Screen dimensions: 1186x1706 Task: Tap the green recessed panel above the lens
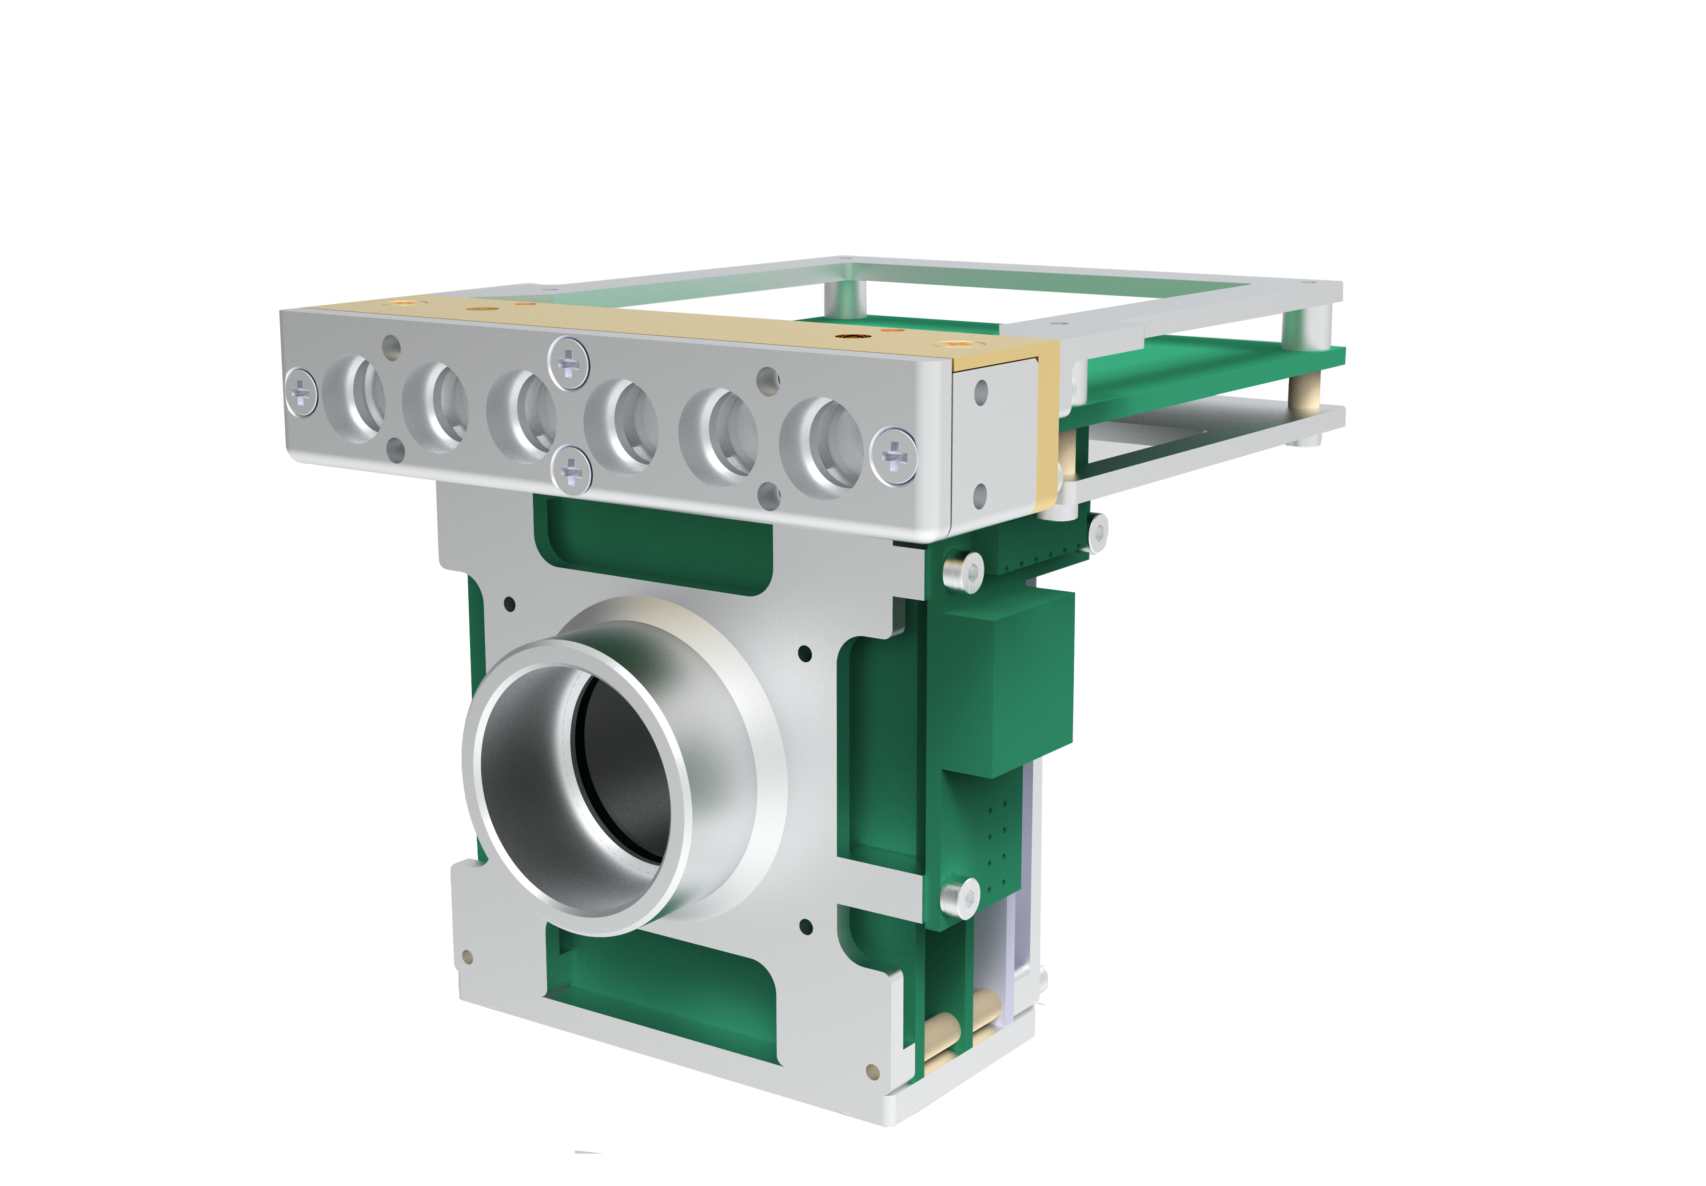654,546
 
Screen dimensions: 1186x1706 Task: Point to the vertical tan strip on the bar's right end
1048,424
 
